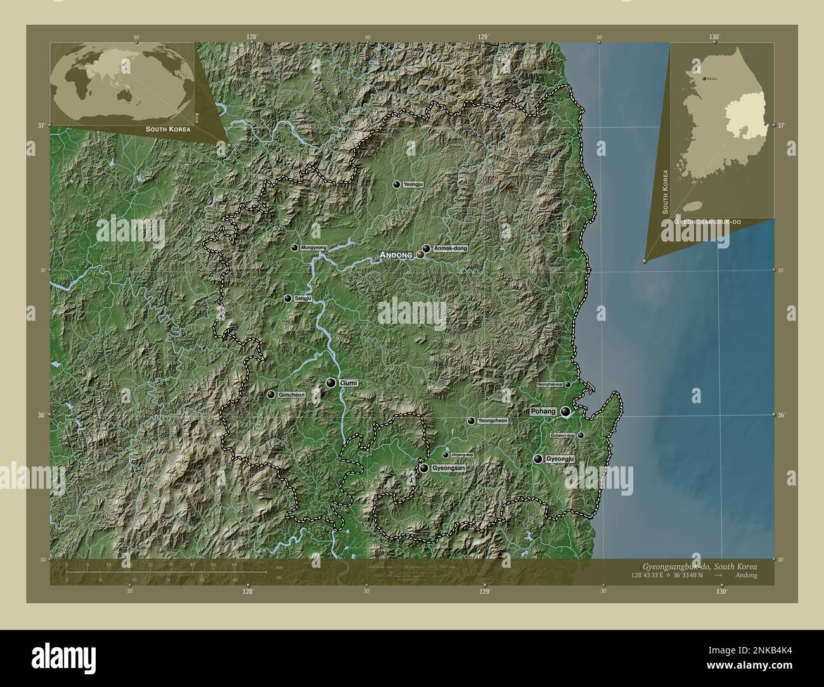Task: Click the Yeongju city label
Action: pyautogui.click(x=413, y=184)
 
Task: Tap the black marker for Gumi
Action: pyautogui.click(x=331, y=383)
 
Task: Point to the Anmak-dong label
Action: pyautogui.click(x=451, y=248)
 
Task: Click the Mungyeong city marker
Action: pyautogui.click(x=295, y=248)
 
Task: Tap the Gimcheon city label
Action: pyautogui.click(x=292, y=395)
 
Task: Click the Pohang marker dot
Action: pyautogui.click(x=565, y=411)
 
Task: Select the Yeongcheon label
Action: pyautogui.click(x=492, y=421)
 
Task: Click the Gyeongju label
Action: pyautogui.click(x=560, y=459)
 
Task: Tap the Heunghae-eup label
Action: pyautogui.click(x=550, y=385)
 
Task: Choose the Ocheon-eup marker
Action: pyautogui.click(x=581, y=435)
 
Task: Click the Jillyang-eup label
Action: pyautogui.click(x=462, y=455)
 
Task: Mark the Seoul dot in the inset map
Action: pyautogui.click(x=704, y=79)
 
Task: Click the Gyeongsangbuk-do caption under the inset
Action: pyautogui.click(x=709, y=222)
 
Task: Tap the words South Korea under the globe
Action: pyautogui.click(x=168, y=129)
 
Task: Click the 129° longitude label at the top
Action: pyautogui.click(x=484, y=37)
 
